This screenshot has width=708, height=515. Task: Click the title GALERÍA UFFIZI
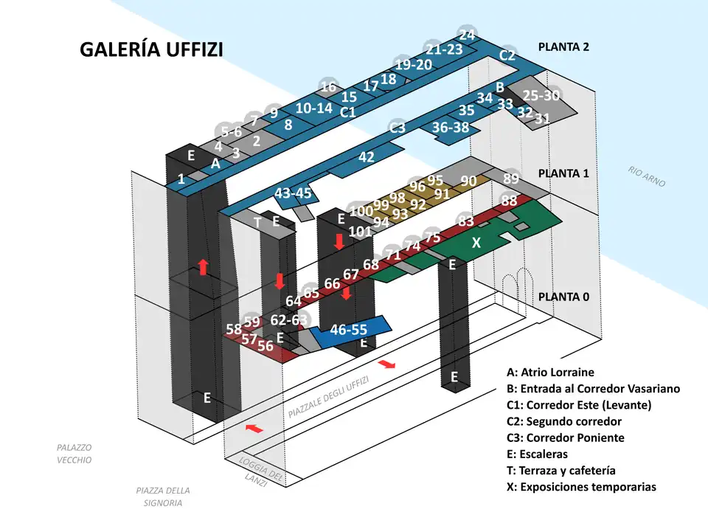[x=150, y=49]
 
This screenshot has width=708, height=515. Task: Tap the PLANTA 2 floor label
[x=563, y=46]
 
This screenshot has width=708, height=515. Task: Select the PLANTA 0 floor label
[x=563, y=297]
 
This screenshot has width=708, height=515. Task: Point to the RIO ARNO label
[x=647, y=177]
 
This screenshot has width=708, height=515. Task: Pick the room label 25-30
[x=541, y=95]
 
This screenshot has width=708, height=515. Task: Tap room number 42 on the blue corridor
[x=367, y=156]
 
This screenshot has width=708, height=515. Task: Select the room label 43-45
[x=293, y=193]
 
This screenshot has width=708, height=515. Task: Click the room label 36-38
[x=451, y=127]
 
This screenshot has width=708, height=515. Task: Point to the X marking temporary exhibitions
[x=476, y=242]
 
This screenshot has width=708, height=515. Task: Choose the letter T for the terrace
[x=257, y=221]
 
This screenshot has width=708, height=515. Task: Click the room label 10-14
[x=314, y=108]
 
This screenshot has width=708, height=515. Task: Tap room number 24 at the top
[x=467, y=35]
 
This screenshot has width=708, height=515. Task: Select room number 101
[x=361, y=231]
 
